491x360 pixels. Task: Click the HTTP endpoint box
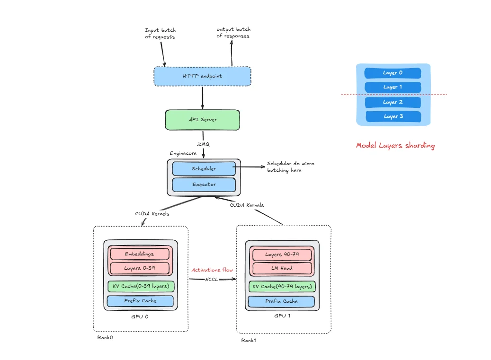point(202,76)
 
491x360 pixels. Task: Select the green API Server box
point(202,120)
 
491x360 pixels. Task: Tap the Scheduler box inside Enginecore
point(204,168)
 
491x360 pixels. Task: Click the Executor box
point(204,184)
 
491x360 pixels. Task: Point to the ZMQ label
point(203,144)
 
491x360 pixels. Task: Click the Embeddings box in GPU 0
point(139,254)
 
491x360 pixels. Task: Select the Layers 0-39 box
point(139,268)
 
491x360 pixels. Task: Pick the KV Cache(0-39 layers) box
point(141,286)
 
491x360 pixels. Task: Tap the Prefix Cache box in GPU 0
point(140,301)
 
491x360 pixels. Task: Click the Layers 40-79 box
point(282,255)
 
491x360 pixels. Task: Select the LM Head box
point(282,268)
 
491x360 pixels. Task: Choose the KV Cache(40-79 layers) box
point(282,287)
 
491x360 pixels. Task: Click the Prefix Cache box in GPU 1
point(282,301)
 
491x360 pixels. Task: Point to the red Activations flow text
point(212,270)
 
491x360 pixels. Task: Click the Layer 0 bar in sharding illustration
point(393,73)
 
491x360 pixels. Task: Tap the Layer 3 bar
point(393,116)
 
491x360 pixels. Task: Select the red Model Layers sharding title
point(395,146)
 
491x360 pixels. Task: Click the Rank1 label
point(249,340)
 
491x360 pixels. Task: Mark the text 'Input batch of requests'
point(160,34)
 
